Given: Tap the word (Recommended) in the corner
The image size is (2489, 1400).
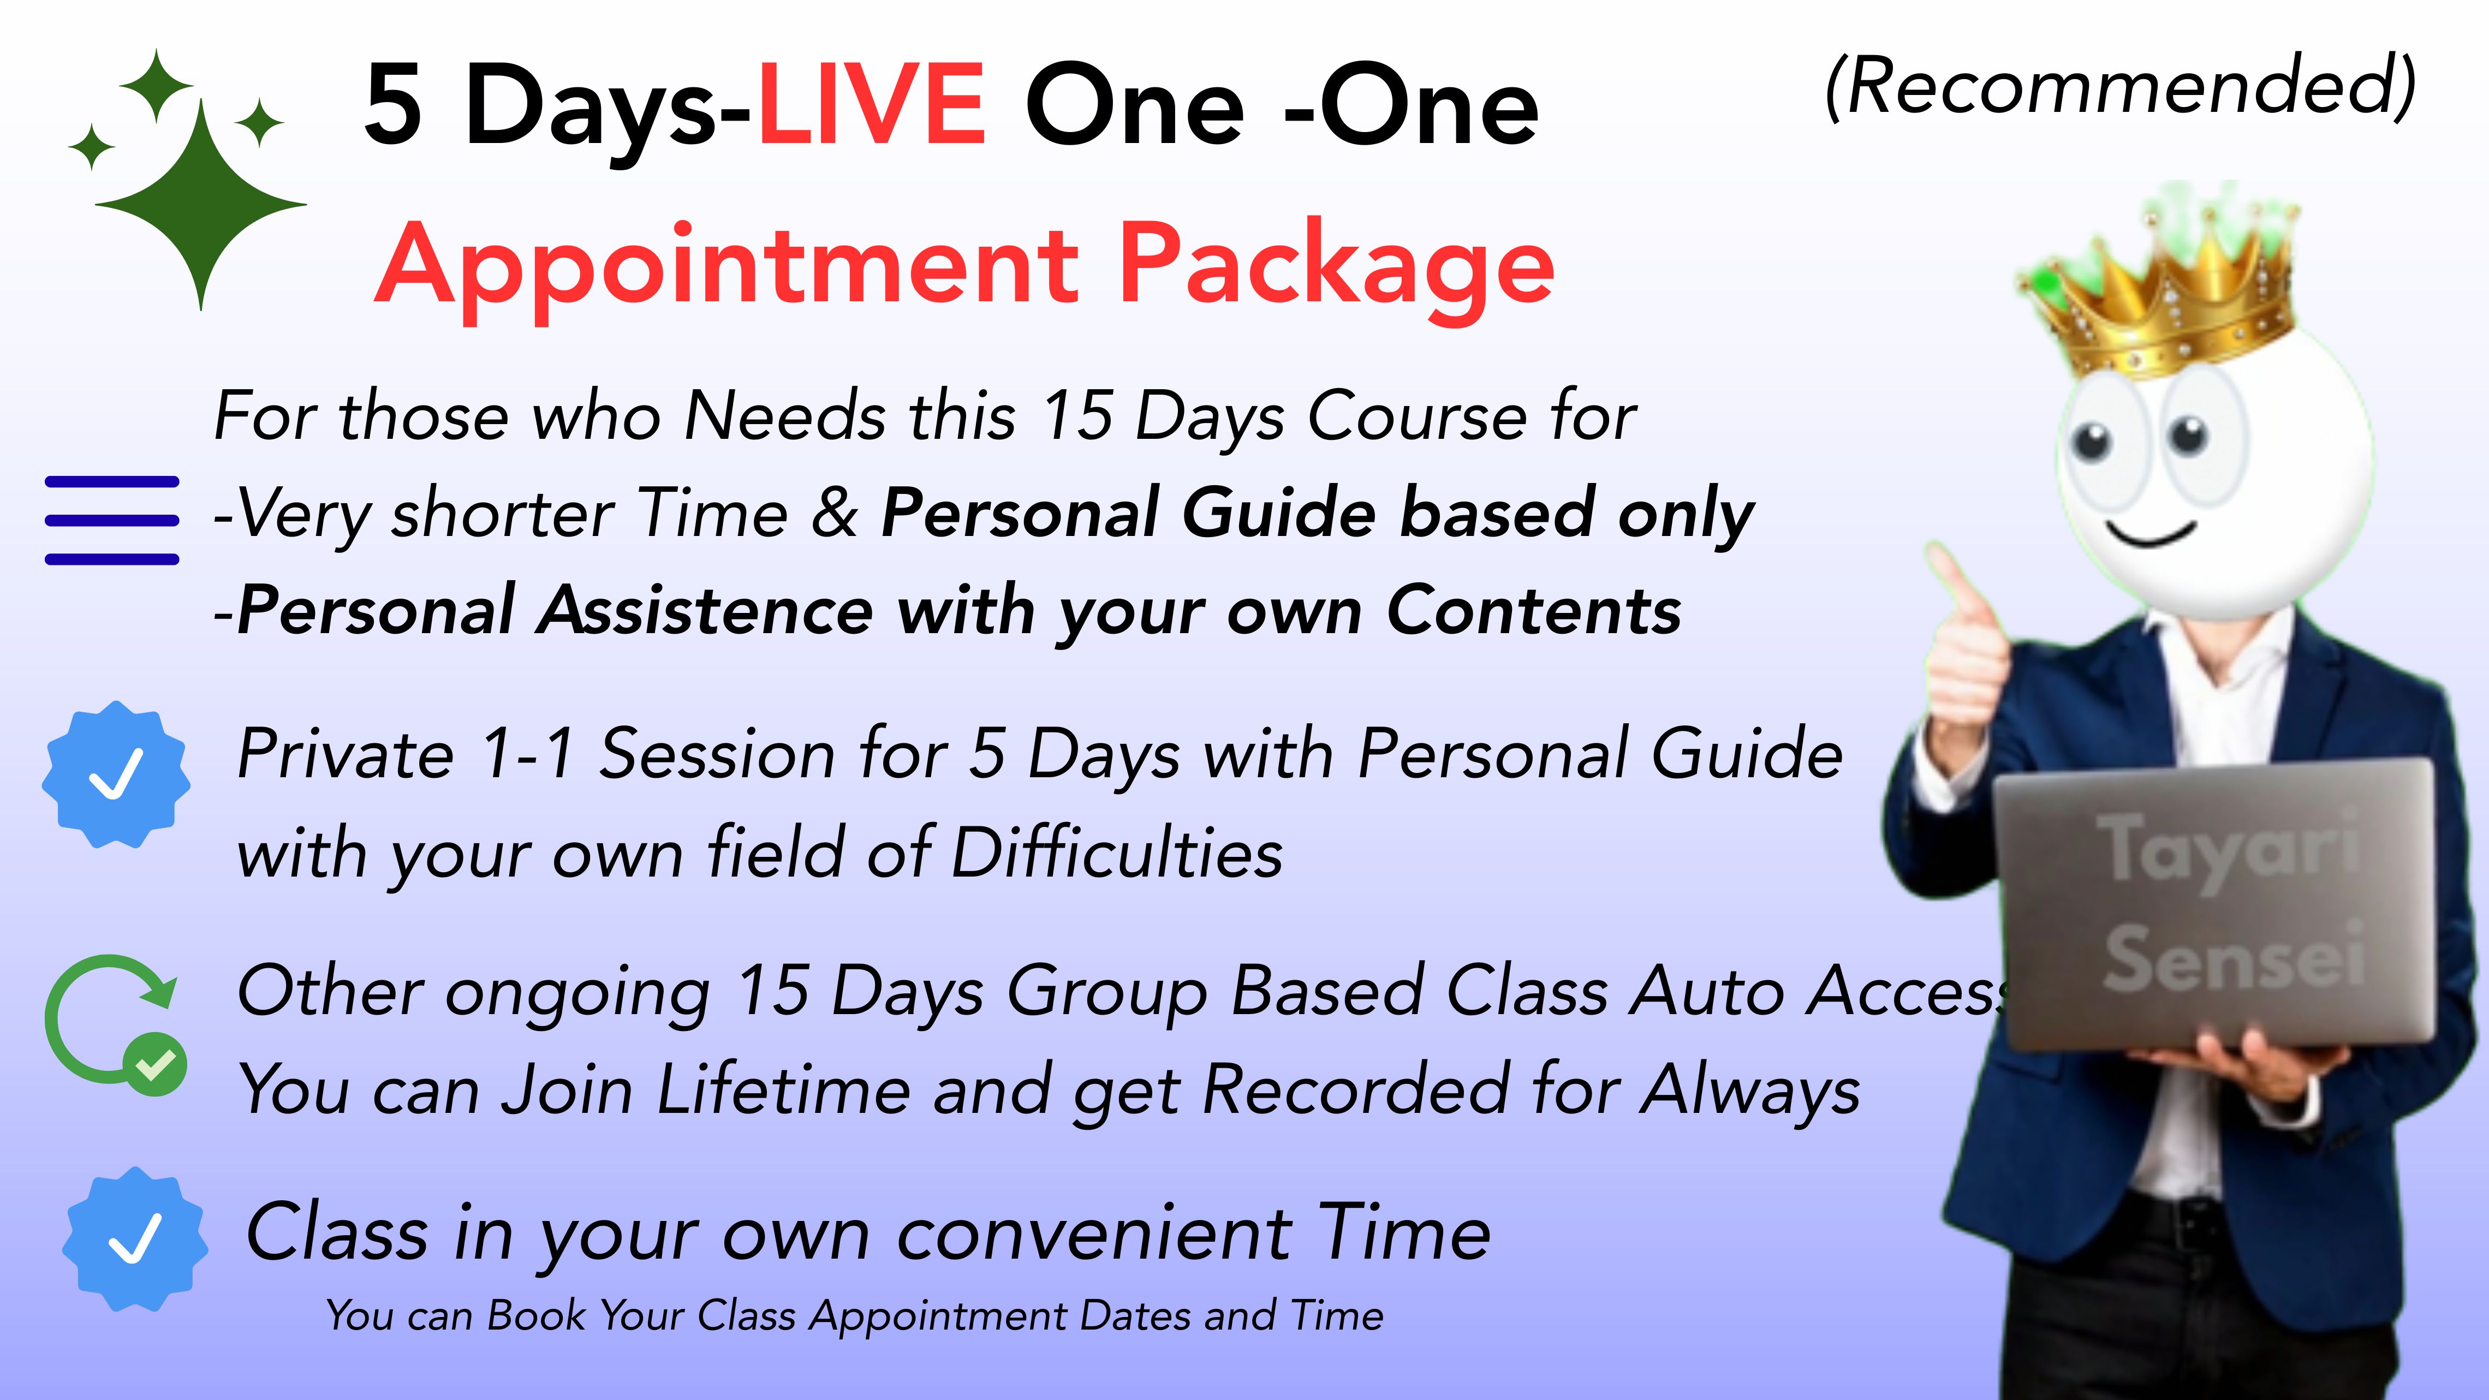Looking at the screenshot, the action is [2121, 87].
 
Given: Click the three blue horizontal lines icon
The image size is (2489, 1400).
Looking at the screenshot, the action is [112, 520].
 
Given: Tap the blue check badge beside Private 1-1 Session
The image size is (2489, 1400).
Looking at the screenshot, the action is [116, 775].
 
